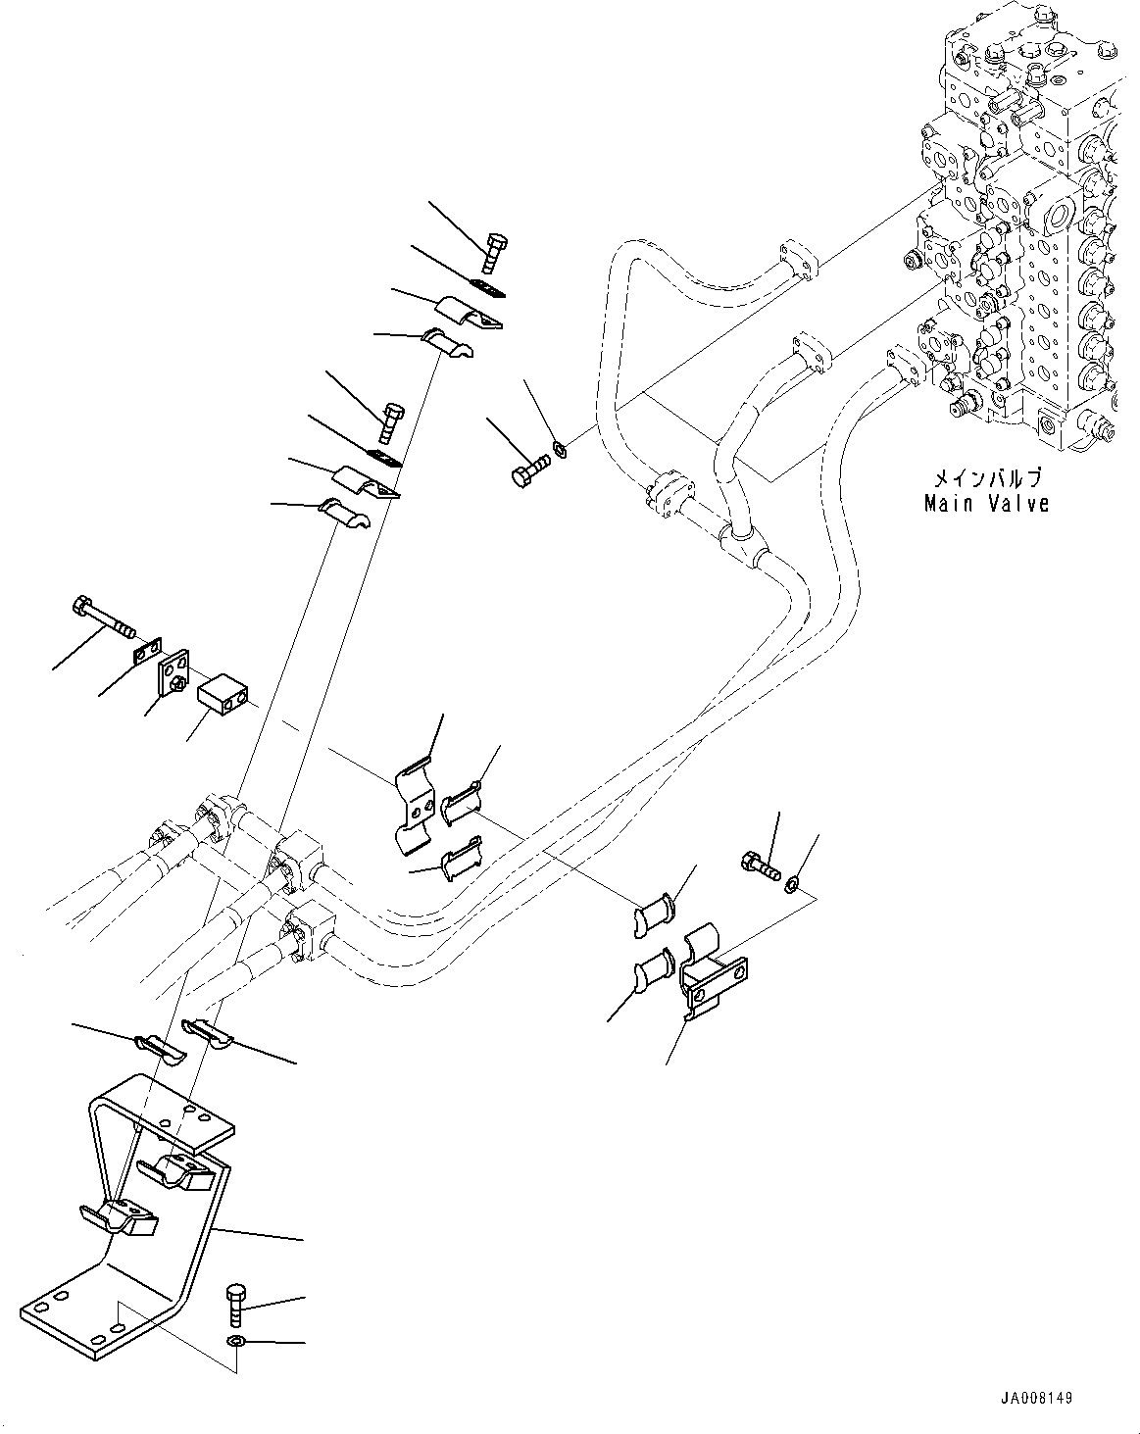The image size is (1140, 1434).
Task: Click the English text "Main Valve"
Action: click(x=986, y=504)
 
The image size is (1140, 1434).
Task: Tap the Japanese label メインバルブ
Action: click(x=986, y=478)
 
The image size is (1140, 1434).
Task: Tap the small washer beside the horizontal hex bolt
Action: click(x=560, y=450)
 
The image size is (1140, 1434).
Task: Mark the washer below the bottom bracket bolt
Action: click(x=236, y=1340)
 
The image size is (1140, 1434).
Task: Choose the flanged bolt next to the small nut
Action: click(x=760, y=865)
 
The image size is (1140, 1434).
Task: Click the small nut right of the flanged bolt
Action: click(x=790, y=886)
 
